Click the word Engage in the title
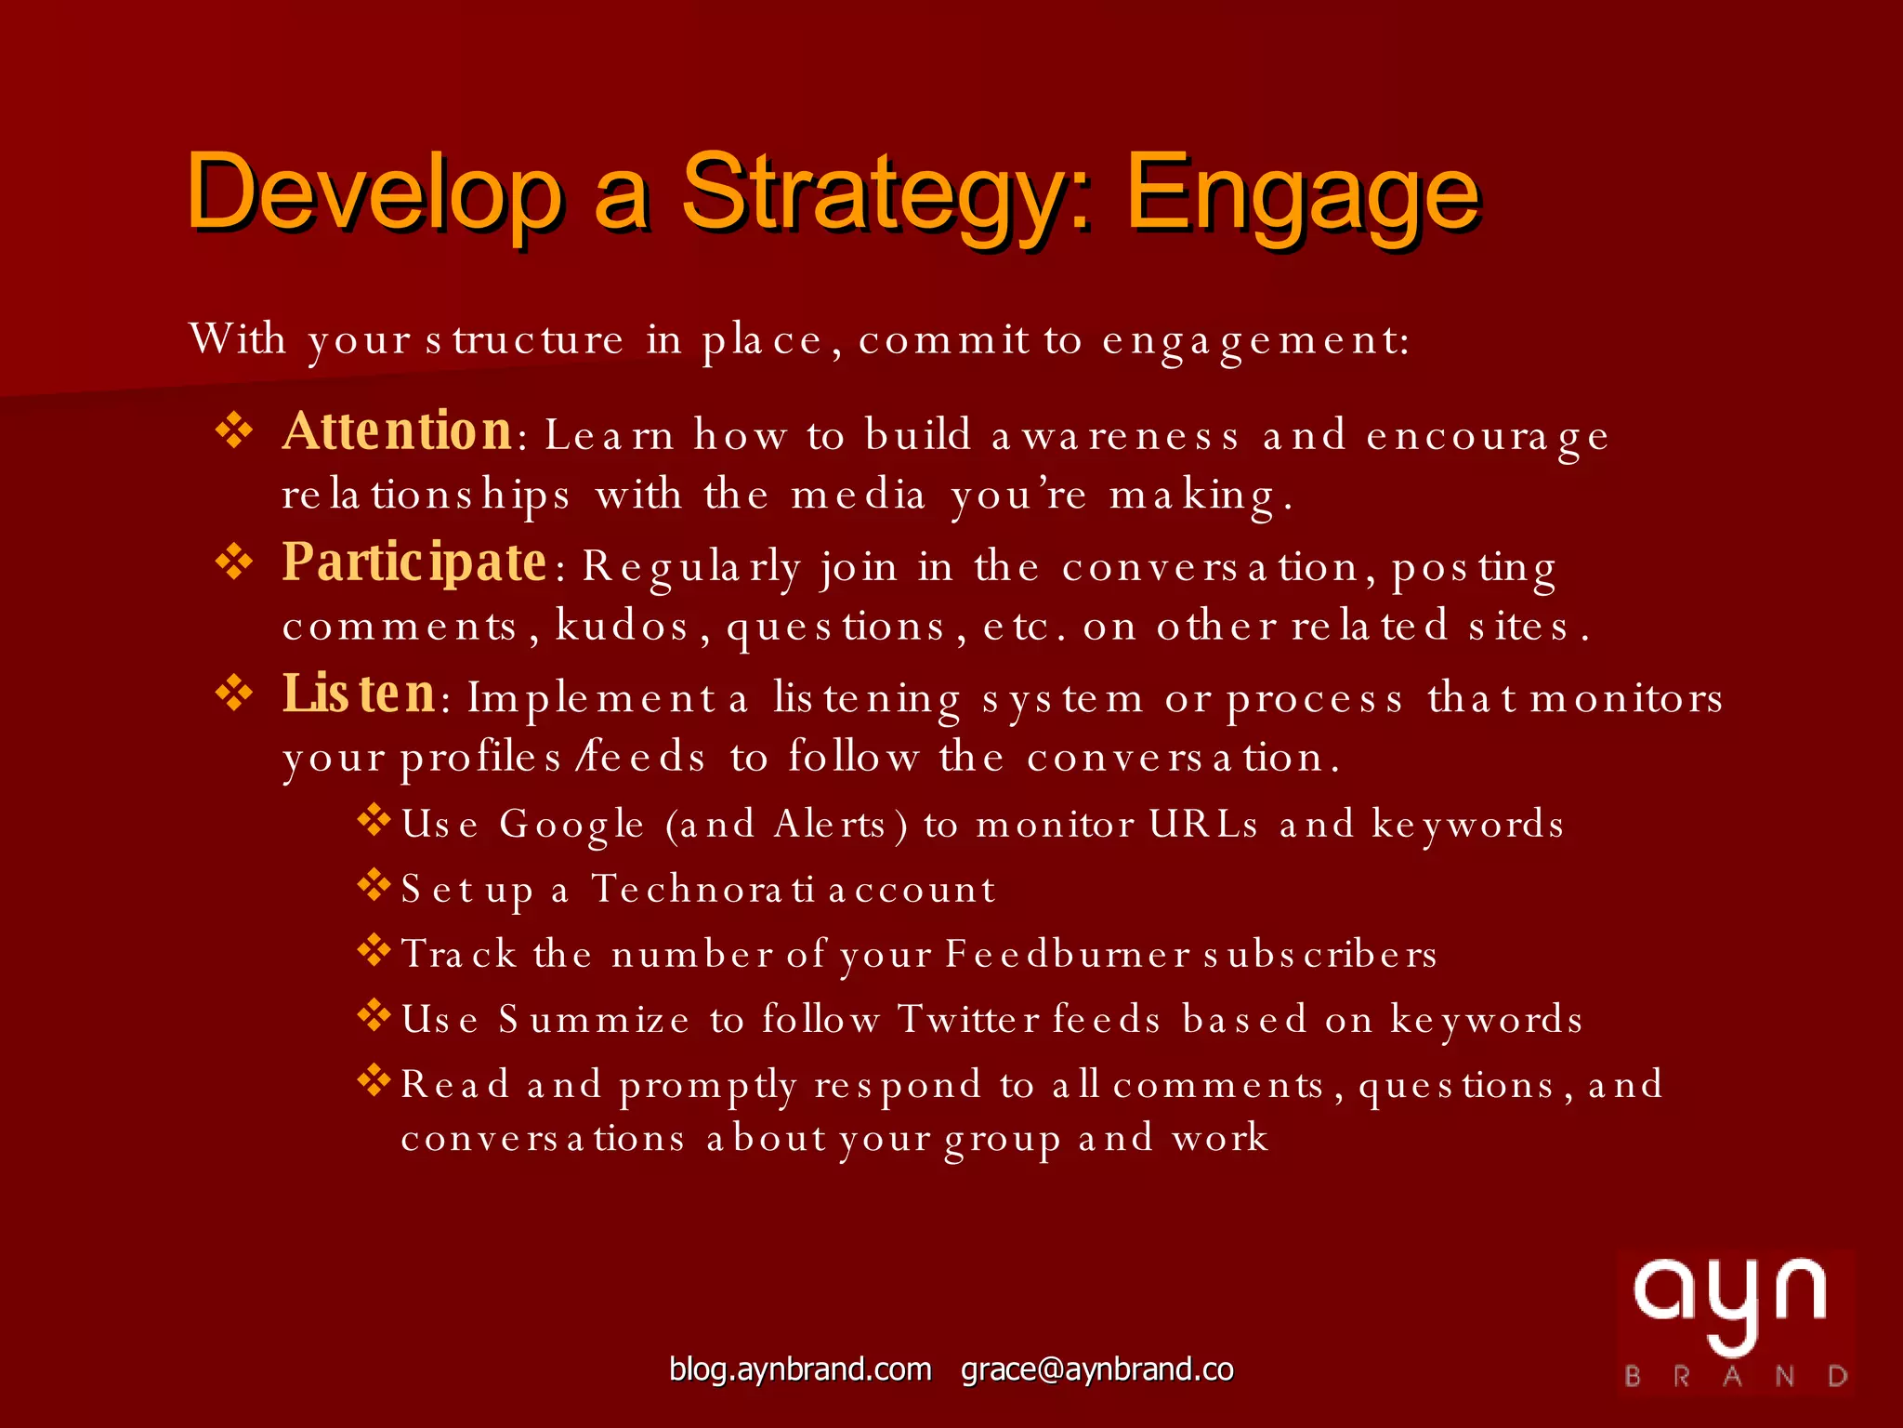(1301, 195)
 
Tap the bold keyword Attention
(397, 432)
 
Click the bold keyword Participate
(414, 563)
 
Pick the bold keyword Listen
(359, 694)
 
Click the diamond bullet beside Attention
(234, 431)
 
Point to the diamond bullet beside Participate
(234, 562)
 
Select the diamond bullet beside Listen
(234, 694)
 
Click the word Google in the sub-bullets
(571, 826)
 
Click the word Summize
(594, 1020)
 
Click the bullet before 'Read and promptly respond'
(374, 1080)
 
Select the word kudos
(622, 627)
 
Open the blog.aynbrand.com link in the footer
(800, 1369)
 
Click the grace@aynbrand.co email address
(1096, 1369)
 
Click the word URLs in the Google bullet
(1203, 825)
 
